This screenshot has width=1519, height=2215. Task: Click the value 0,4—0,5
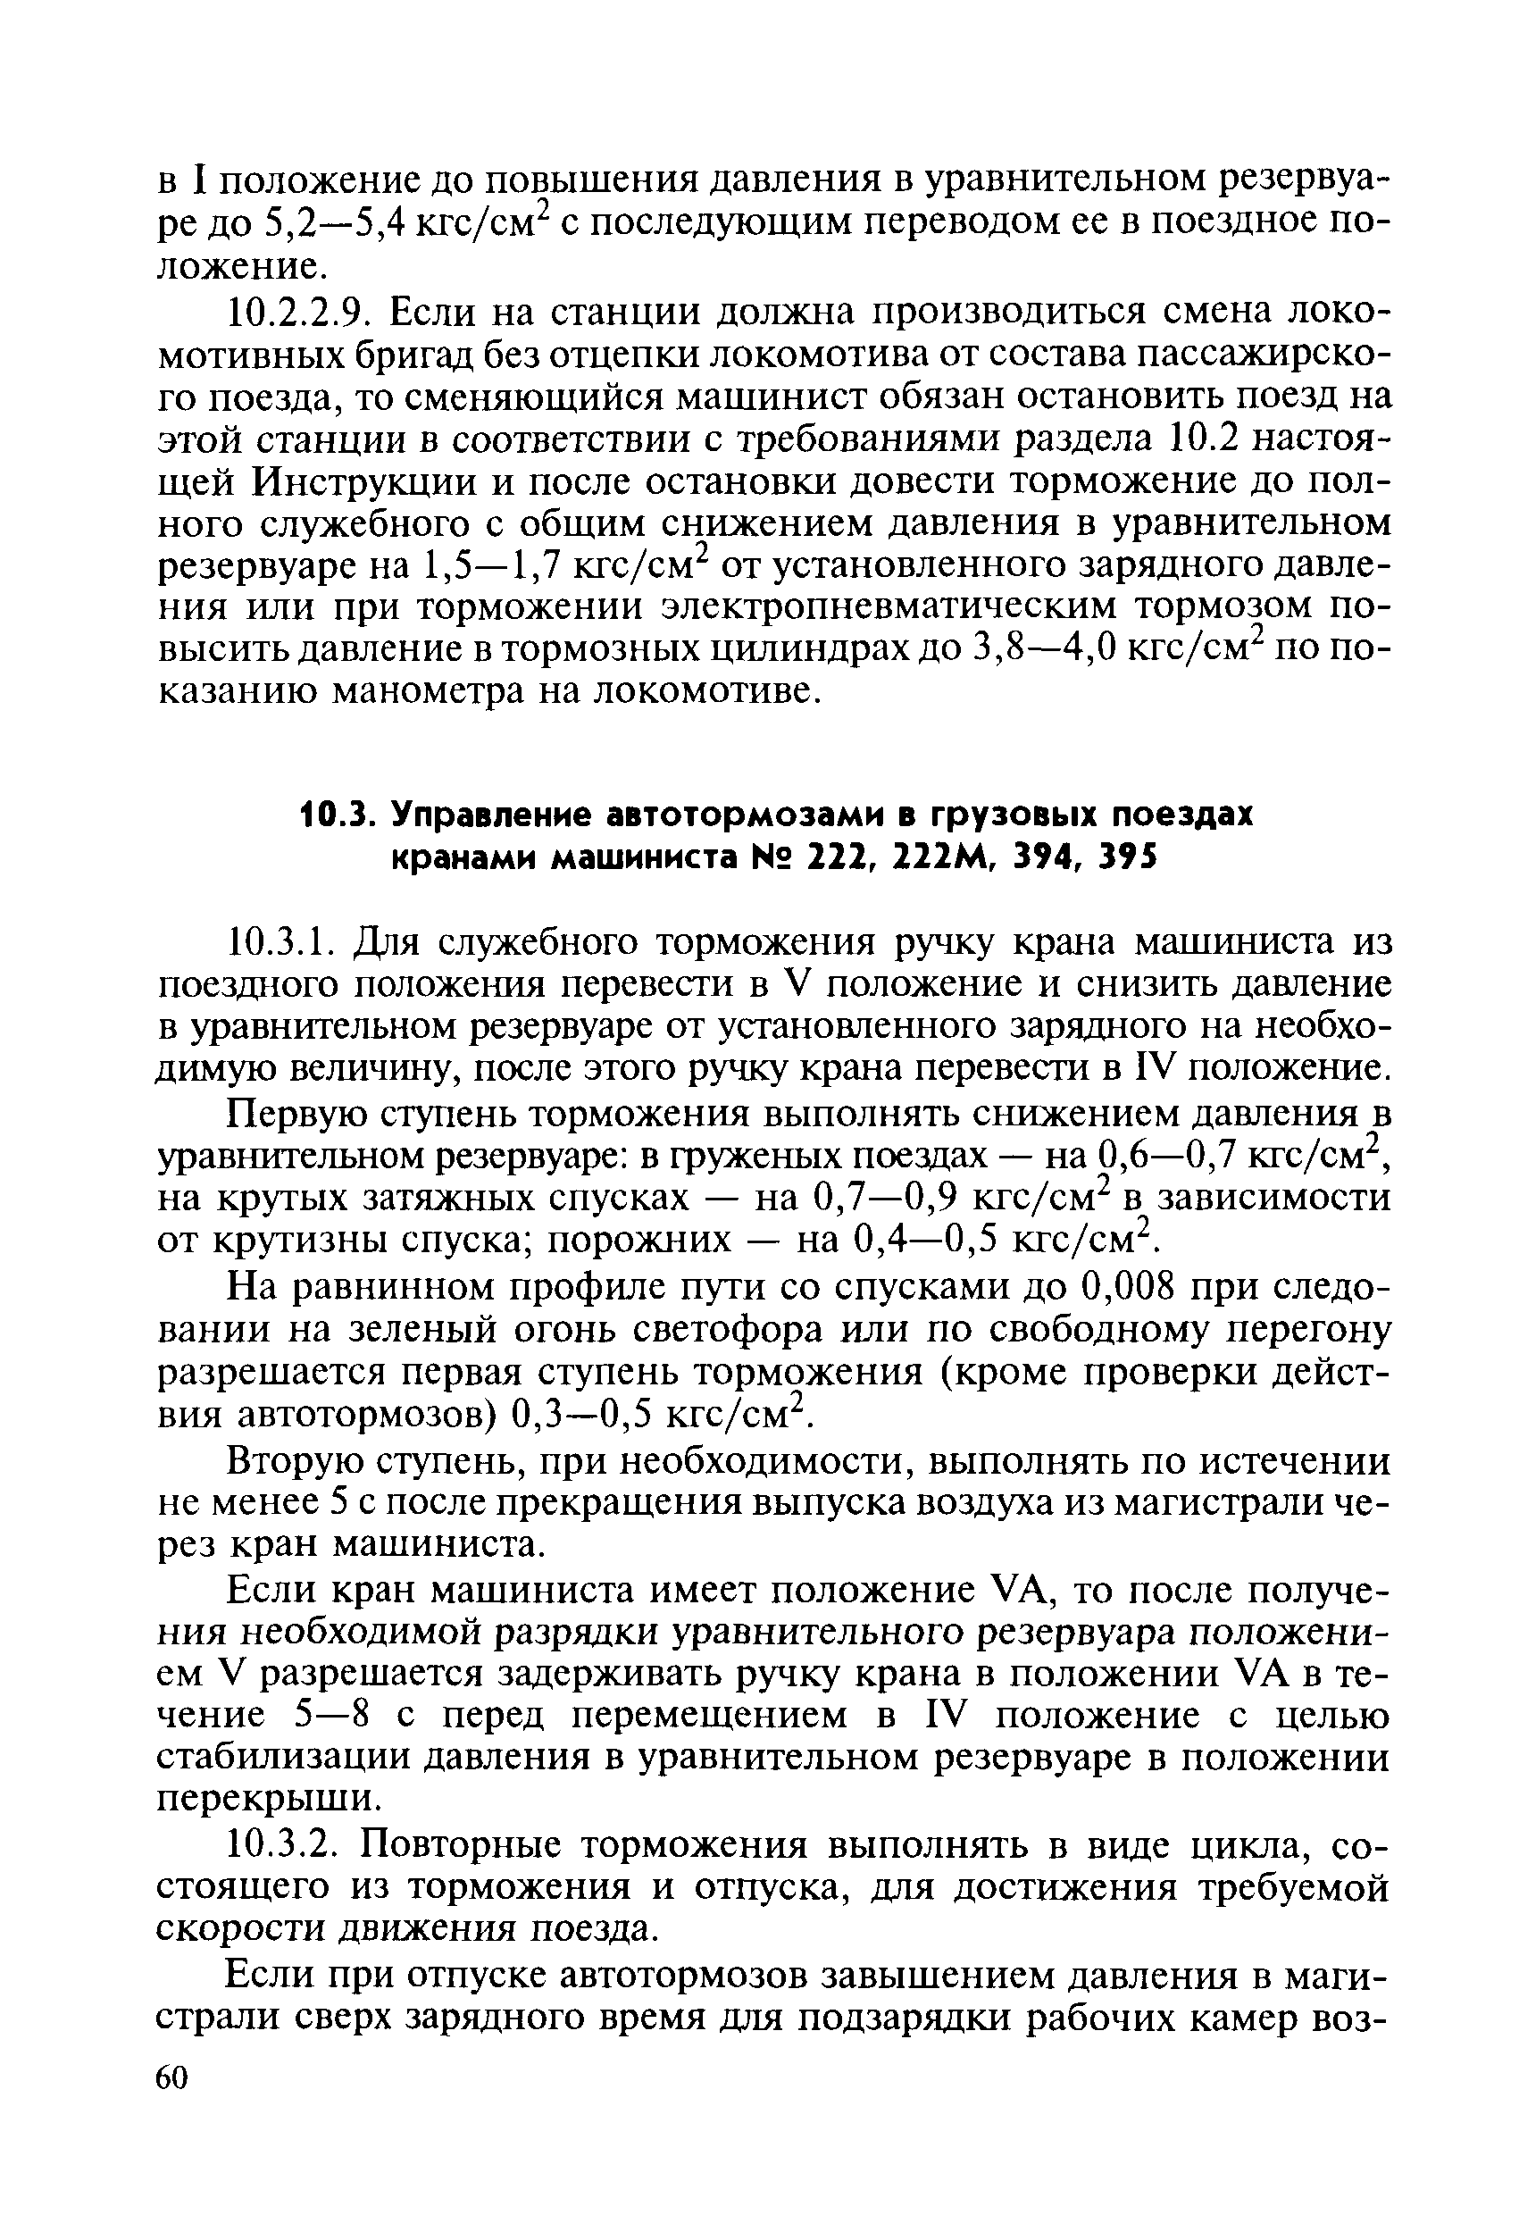pyautogui.click(x=923, y=1241)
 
